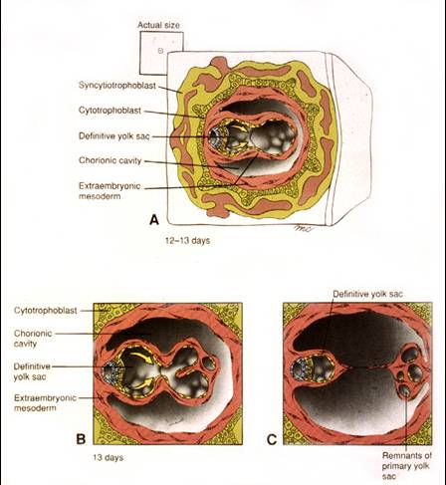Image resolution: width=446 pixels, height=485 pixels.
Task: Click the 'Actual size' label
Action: pos(158,25)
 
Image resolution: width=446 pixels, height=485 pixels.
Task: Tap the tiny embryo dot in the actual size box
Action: pos(160,51)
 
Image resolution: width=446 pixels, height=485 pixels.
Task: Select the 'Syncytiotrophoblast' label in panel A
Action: pos(117,86)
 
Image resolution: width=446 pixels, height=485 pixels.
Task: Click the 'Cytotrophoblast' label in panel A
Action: pos(110,111)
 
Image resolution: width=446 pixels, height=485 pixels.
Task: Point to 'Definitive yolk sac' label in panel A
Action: pos(114,136)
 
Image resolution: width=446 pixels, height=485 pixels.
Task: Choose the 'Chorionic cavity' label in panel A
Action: pos(110,160)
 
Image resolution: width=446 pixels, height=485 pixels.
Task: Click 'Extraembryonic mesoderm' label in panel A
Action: pos(110,191)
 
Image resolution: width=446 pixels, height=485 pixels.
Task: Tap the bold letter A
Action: pos(154,220)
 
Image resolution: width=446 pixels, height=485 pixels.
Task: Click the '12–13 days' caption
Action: pos(187,241)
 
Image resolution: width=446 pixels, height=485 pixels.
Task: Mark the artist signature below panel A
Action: pos(304,228)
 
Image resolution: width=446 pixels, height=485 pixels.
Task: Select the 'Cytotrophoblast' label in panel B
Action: pos(46,311)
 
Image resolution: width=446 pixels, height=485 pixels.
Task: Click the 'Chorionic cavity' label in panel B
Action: pos(33,339)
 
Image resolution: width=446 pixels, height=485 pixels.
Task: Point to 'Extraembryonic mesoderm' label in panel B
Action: pos(45,402)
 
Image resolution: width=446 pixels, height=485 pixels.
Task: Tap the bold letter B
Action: pos(81,439)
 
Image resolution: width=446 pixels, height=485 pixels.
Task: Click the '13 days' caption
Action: pos(109,457)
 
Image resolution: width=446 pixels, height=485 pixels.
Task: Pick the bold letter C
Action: pos(272,439)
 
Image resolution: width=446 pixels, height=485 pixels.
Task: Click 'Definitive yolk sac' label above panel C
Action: pos(367,294)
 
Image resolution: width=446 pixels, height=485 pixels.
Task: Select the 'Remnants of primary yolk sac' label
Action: pos(406,466)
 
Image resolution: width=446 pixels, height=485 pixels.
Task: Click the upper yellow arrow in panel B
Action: pos(140,358)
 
